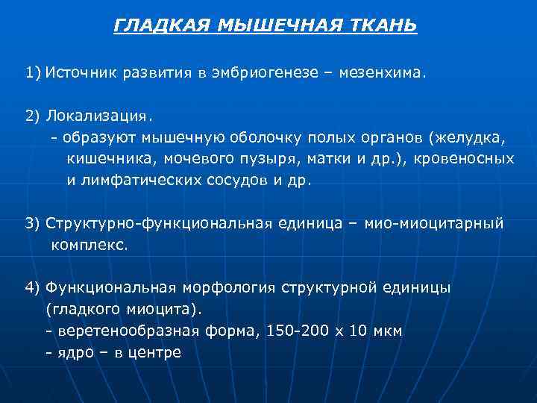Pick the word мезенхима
(x=380, y=73)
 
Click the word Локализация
(x=97, y=116)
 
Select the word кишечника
(x=107, y=158)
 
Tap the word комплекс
(x=89, y=244)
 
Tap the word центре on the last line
(x=154, y=352)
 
